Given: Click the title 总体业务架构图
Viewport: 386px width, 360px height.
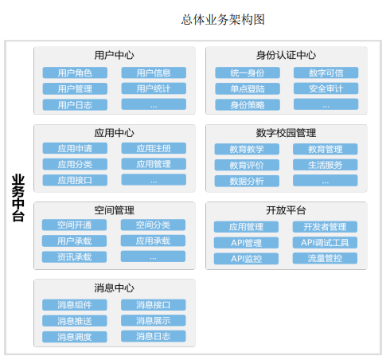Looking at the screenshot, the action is (x=223, y=20).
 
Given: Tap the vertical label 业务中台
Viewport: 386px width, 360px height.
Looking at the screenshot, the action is (x=18, y=198).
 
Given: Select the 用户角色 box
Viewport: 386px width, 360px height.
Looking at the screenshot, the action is (x=75, y=72).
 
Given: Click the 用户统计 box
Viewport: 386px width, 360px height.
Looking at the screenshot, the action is (x=154, y=88).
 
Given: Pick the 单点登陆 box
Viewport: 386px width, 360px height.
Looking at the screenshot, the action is (x=248, y=88).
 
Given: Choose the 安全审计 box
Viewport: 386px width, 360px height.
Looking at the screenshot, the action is (x=326, y=88).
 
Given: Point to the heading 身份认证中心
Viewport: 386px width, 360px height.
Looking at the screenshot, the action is (x=286, y=55).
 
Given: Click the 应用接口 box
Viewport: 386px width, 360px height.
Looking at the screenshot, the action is (x=75, y=180).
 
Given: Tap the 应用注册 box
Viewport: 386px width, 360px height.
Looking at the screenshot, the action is (x=154, y=148).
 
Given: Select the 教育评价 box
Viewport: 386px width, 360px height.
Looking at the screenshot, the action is (x=247, y=165).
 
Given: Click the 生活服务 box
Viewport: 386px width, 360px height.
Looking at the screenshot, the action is (x=326, y=165).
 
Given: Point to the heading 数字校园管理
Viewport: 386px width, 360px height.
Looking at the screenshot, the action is (x=286, y=133).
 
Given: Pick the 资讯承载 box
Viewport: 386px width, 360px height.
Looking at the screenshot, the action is (x=74, y=256).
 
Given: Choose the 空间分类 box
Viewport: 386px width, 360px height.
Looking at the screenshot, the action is (x=153, y=225).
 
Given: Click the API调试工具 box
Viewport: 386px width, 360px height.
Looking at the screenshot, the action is (x=325, y=242).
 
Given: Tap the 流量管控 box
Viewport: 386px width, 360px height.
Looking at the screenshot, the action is (x=325, y=258).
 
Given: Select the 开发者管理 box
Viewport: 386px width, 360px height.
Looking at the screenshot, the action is (x=325, y=227).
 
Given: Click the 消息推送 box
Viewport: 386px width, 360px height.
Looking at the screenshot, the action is (x=75, y=321).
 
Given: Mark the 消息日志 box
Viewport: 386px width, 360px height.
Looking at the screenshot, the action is (x=154, y=336).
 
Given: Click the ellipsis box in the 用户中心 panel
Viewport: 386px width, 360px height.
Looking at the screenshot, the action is (x=154, y=104).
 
